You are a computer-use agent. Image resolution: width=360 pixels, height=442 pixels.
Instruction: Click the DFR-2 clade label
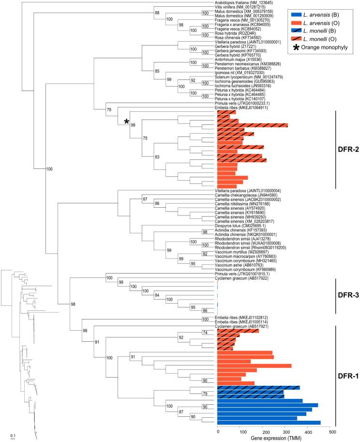[347, 150]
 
